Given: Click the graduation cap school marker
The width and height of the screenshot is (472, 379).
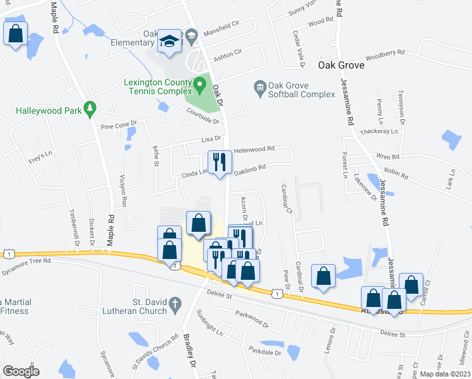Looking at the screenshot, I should coord(169,42).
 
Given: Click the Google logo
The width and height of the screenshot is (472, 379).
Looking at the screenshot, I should coord(21,371).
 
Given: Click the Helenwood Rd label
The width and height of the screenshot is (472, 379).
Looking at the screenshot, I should coord(254,150).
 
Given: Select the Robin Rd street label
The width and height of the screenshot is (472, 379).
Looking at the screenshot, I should coord(396,171).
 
